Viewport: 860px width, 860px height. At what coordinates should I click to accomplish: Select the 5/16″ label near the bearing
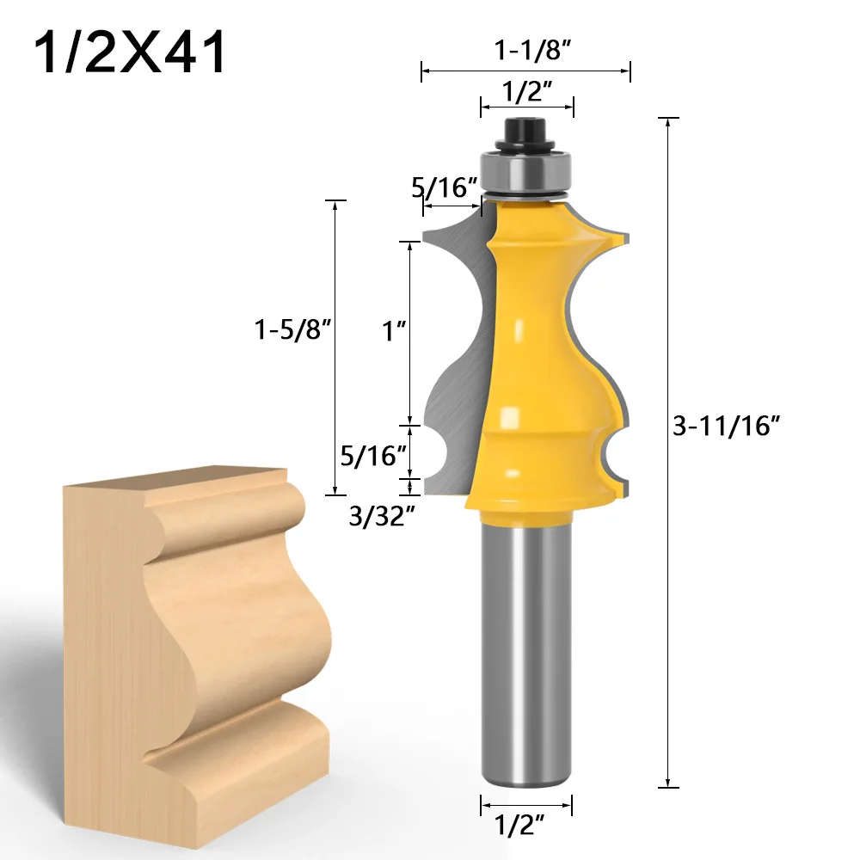444,188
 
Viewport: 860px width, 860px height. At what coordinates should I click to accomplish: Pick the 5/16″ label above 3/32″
373,455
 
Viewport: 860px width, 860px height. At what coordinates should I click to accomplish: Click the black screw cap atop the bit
525,132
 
